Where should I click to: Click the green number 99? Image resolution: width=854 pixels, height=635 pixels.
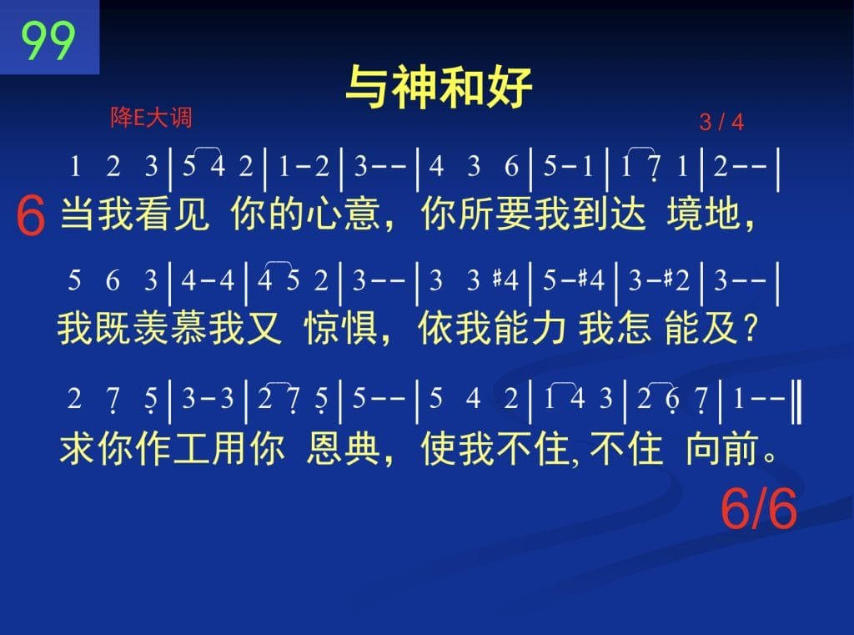[x=48, y=40]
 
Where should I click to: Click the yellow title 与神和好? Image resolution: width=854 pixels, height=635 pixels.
[x=439, y=87]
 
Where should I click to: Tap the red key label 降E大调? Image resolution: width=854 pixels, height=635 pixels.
[x=152, y=117]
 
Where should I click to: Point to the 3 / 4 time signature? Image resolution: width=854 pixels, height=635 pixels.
[x=721, y=122]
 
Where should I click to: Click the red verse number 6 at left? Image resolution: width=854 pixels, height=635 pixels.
[x=31, y=216]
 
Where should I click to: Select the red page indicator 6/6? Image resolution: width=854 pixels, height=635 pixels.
[x=759, y=508]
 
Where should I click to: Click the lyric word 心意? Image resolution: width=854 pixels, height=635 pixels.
[x=342, y=214]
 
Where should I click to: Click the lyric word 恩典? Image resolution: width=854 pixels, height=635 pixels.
[x=343, y=449]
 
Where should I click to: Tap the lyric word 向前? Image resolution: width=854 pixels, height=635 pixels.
[x=722, y=449]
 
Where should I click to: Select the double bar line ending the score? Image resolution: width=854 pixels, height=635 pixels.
[x=796, y=402]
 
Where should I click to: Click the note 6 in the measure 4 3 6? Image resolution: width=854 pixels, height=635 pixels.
[x=511, y=166]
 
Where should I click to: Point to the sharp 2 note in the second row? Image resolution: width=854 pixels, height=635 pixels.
[x=676, y=280]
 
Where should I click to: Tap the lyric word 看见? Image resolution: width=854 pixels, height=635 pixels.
[x=172, y=214]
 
